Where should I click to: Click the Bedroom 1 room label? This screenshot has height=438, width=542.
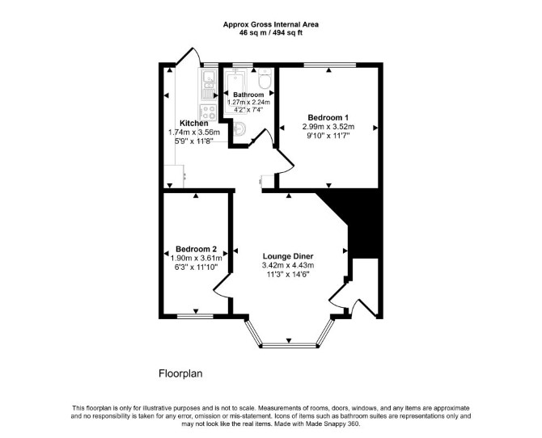(328, 117)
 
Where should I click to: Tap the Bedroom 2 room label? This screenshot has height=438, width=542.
(196, 249)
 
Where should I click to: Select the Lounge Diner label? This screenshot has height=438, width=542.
(288, 256)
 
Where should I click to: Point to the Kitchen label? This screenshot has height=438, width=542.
(194, 124)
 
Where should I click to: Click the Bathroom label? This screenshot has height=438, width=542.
(248, 95)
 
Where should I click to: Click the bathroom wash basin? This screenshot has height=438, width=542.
(239, 128)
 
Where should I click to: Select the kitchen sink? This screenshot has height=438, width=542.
(209, 85)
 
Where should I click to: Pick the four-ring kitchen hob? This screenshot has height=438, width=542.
(209, 112)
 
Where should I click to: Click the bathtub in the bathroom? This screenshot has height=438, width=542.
(235, 91)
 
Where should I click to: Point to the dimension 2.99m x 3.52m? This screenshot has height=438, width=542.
(328, 126)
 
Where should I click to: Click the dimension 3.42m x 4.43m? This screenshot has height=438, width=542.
(288, 265)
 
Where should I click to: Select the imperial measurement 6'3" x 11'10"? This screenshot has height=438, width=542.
(196, 267)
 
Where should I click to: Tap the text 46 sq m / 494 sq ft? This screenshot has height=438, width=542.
(271, 33)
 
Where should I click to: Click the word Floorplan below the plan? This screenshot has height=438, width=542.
(180, 373)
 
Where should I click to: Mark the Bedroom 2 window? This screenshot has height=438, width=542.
(195, 316)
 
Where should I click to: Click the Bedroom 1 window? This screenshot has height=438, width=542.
(330, 65)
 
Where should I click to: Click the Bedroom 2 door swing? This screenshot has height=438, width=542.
(221, 285)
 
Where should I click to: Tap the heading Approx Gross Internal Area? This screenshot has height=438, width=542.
(271, 24)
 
